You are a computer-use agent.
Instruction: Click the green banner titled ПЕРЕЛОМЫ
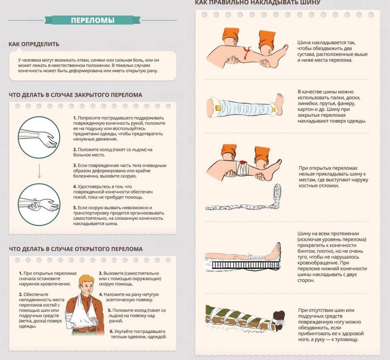point(92,20)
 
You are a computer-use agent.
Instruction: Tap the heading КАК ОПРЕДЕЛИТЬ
point(34,44)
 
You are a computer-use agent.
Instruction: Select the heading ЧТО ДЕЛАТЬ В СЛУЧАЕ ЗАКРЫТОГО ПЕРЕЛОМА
point(75,95)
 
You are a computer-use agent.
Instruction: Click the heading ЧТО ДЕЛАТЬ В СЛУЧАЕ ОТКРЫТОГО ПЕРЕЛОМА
point(75,249)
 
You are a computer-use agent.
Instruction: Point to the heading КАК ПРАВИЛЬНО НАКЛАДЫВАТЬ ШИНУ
point(258,2)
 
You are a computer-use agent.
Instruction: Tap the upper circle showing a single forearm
point(39,137)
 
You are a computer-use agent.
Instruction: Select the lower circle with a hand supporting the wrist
point(39,204)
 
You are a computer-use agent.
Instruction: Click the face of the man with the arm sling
point(86,287)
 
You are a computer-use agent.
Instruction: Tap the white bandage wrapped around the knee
point(242,168)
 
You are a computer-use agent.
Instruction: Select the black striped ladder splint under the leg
point(246,265)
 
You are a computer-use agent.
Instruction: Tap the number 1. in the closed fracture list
point(75,118)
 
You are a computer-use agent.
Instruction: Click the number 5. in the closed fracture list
point(75,208)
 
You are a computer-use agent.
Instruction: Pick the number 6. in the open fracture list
point(112,331)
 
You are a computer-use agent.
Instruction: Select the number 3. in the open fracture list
point(101,273)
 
